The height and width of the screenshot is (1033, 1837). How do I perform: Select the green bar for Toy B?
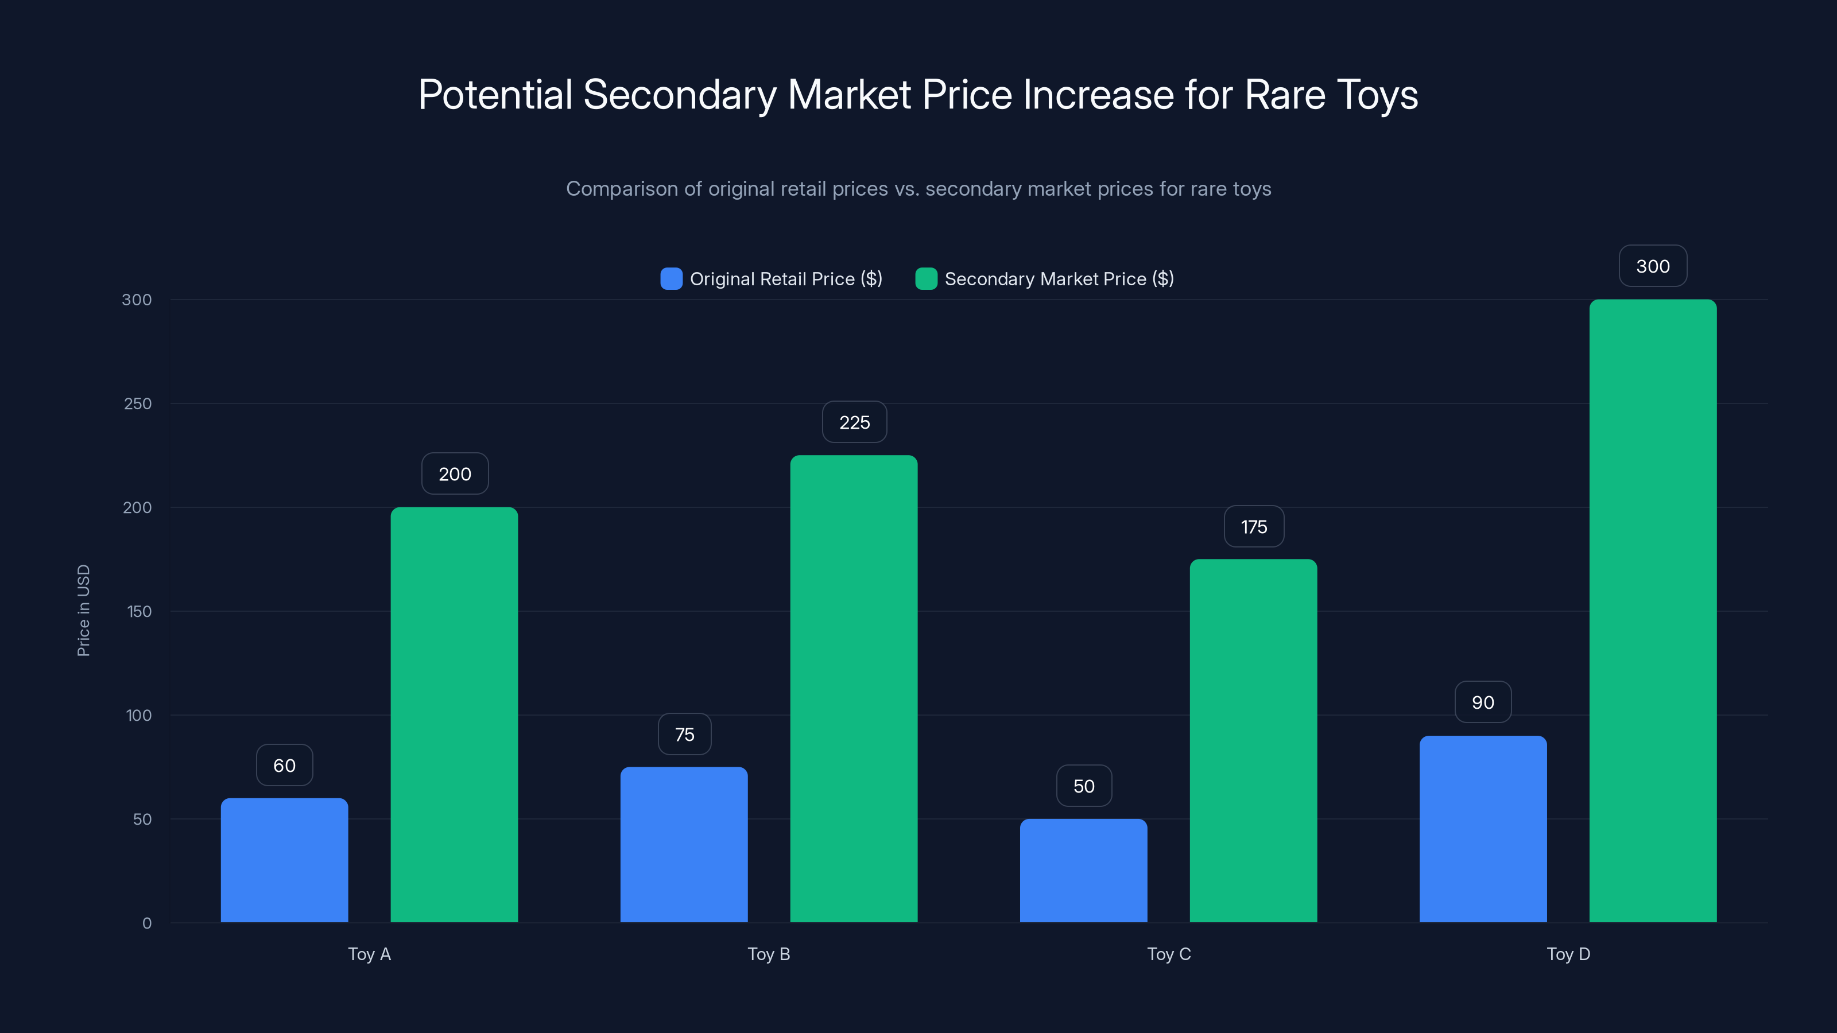click(x=854, y=689)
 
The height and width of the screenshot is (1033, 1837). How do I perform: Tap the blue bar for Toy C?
click(x=1083, y=871)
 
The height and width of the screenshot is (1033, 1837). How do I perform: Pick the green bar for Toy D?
click(x=1652, y=611)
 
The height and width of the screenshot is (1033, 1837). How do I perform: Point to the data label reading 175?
click(x=1254, y=527)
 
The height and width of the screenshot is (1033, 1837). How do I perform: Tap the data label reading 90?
click(x=1483, y=702)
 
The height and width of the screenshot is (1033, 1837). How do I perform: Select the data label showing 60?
click(x=285, y=766)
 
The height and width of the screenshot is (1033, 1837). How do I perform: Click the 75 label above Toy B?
click(x=685, y=735)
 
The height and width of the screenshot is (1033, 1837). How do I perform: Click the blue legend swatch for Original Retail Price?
click(x=671, y=279)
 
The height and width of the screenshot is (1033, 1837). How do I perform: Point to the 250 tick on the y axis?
click(x=138, y=403)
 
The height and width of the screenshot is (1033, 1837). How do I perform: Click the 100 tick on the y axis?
click(x=139, y=715)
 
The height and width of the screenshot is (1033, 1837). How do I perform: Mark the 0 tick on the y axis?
click(x=147, y=923)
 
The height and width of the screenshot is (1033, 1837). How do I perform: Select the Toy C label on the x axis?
click(x=1169, y=954)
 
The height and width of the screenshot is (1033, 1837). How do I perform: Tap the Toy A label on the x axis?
click(x=369, y=954)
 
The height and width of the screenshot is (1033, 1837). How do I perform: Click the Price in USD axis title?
click(x=83, y=610)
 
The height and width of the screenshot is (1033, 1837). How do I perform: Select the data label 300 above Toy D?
click(x=1652, y=266)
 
